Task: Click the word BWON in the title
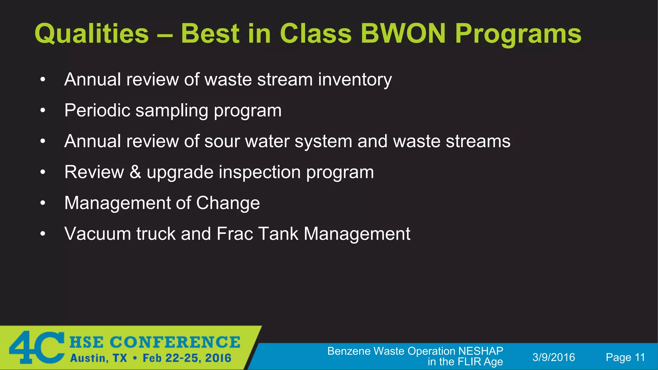403,33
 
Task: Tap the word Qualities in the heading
92,33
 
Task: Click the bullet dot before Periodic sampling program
43,110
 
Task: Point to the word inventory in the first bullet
355,80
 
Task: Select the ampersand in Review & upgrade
135,172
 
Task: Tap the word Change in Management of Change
228,203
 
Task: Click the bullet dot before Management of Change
43,203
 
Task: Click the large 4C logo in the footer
37,348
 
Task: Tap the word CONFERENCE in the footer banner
175,342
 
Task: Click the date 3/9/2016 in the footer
554,357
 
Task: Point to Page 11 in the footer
625,357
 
